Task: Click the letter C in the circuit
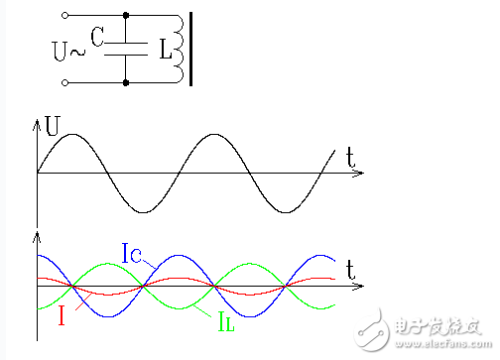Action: [96, 37]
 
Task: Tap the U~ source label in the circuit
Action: [66, 48]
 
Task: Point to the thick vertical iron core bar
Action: [191, 48]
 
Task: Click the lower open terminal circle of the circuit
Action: [65, 82]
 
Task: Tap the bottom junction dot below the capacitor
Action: [125, 82]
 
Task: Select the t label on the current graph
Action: [351, 268]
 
